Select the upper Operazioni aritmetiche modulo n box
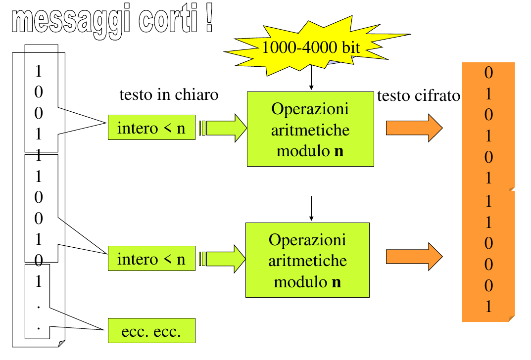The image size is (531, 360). coord(310,129)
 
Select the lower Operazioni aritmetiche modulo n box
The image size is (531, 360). coord(307,260)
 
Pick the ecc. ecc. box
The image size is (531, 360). coord(151,331)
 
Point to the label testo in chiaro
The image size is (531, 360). coord(169,94)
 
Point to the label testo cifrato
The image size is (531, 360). coord(419,96)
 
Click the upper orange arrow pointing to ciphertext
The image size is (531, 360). coord(414,128)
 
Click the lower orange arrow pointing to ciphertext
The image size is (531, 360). coord(414,257)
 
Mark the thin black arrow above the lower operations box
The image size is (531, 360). coord(311,208)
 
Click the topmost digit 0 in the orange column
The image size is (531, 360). coord(488,73)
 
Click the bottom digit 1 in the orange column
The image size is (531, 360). coord(488,307)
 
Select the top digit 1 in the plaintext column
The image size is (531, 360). coord(39,71)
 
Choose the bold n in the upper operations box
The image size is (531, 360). coord(339,151)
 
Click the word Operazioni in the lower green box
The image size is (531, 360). coord(307,240)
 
